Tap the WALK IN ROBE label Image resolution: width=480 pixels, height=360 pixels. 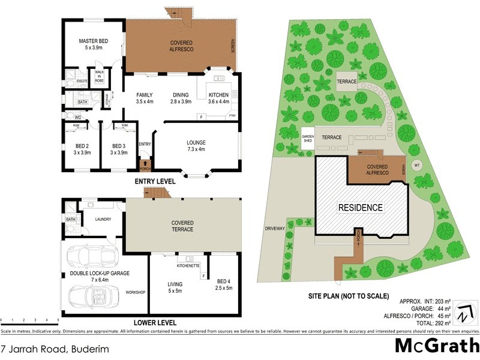(99, 76)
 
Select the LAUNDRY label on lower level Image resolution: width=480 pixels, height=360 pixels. (104, 220)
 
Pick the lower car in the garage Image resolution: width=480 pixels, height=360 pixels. (94, 296)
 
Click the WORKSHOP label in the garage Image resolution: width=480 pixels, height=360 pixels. (136, 292)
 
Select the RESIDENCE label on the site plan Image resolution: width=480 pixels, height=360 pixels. (360, 208)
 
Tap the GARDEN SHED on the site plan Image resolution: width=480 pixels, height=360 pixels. (308, 139)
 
